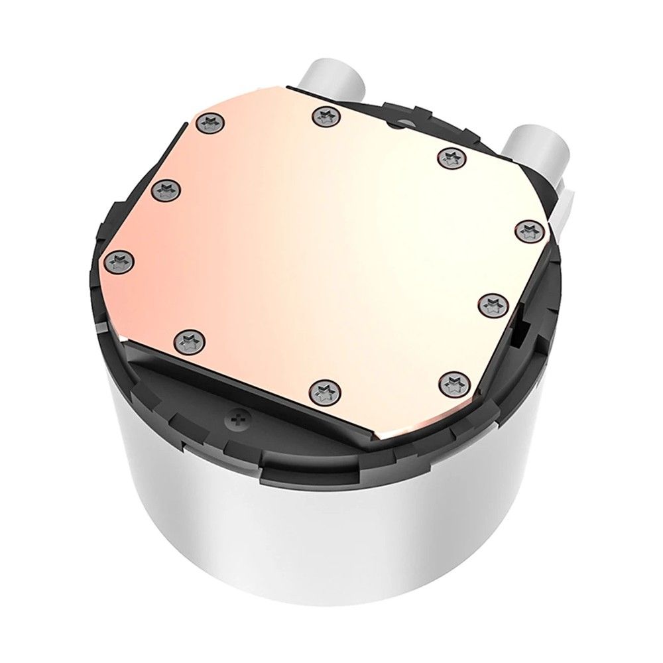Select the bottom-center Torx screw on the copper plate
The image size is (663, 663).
pos(324,387)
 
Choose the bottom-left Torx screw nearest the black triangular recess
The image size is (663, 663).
pos(186,341)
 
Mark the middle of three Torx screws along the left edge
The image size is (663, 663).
pos(162,191)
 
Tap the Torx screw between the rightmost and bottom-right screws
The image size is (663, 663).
pos(491,304)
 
